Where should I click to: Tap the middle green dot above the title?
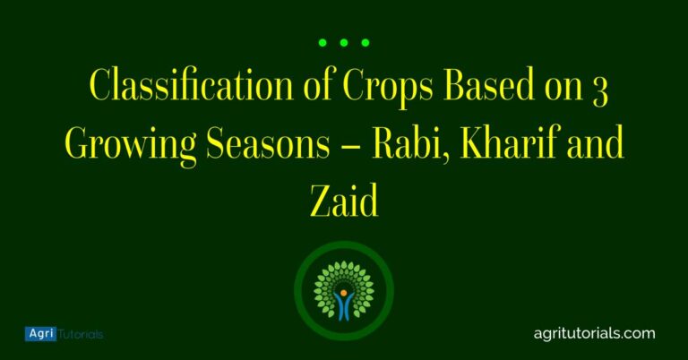(x=344, y=42)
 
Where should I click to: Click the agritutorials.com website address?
(x=594, y=333)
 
